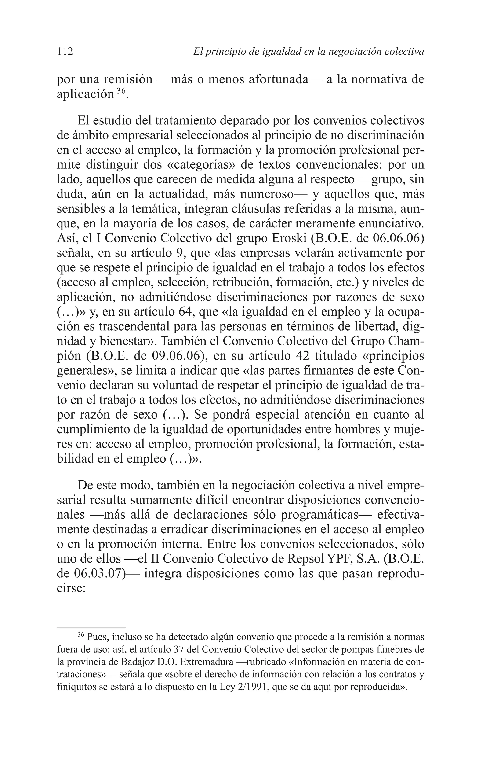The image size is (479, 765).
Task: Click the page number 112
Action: tap(65, 51)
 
